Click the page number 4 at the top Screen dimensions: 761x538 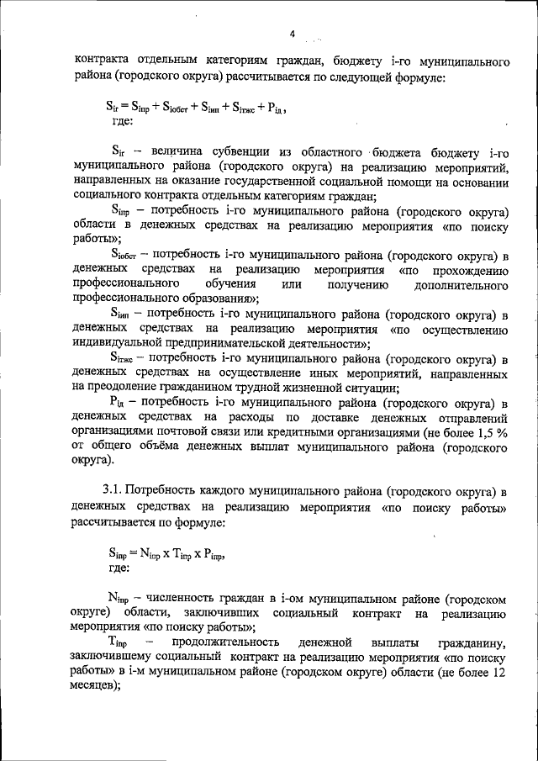click(x=292, y=34)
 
